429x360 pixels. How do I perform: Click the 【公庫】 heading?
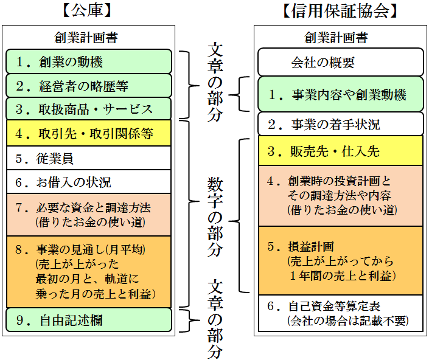pos(87,11)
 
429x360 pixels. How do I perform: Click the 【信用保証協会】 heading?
pos(340,11)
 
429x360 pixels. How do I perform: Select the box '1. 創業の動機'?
pos(89,61)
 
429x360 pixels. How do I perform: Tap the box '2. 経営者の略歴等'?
pos(89,86)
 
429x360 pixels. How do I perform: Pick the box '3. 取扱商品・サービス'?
pos(89,109)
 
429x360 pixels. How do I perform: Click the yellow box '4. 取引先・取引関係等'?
pos(89,133)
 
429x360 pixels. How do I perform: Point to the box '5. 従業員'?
pos(89,158)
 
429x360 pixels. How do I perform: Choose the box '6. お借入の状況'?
pos(89,182)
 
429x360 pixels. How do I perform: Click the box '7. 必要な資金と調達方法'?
pos(89,215)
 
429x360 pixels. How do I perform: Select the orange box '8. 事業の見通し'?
pos(89,272)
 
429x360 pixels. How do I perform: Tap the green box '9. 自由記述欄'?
pos(89,320)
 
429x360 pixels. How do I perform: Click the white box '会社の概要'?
pos(341,62)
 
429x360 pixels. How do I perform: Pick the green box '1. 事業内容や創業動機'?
pos(341,94)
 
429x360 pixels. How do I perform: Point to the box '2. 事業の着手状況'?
pos(341,124)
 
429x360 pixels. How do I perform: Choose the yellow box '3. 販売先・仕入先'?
pos(341,151)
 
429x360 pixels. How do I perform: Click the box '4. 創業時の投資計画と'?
pos(341,196)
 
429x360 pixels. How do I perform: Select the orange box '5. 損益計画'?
pos(341,261)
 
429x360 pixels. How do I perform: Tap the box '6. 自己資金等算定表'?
pos(341,313)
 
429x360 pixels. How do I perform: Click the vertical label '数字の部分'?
pos(215,216)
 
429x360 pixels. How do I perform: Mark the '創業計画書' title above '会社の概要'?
pos(336,38)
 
